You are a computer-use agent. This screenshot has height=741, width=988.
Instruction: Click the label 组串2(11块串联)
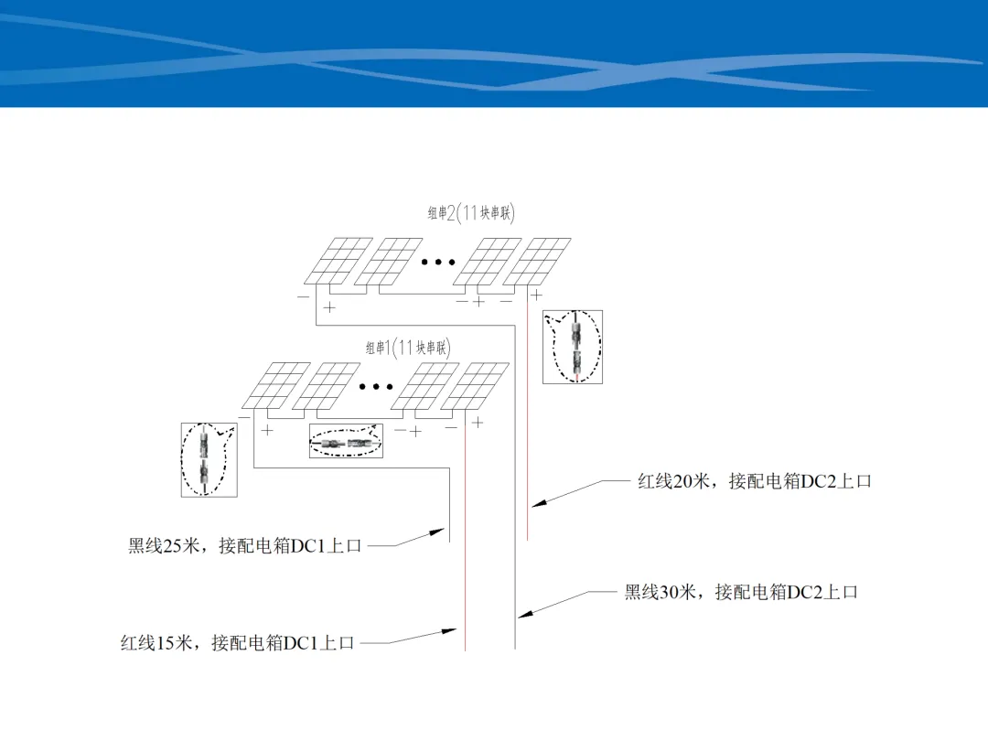pos(471,213)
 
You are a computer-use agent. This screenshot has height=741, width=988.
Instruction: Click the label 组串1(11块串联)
pos(408,348)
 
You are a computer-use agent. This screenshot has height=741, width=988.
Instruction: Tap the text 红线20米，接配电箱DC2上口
pos(754,481)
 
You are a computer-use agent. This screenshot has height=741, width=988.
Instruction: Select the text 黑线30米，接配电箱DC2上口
pos(741,592)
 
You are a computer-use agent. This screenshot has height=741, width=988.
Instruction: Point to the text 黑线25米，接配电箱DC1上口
pos(244,545)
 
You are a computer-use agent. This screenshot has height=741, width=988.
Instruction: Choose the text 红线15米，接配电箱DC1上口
pos(237,643)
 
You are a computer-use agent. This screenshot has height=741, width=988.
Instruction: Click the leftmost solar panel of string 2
pos(338,261)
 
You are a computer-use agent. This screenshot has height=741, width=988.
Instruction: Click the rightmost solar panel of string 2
pos(537,261)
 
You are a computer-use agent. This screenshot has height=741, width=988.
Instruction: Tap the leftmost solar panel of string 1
pos(276,386)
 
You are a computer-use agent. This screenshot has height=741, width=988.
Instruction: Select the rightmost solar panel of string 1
pos(475,386)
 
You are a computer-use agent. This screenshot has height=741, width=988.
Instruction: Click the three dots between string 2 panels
pos(438,263)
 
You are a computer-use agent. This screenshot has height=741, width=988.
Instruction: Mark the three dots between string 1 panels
pos(376,386)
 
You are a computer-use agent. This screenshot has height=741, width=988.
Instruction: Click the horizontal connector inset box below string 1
pos(346,440)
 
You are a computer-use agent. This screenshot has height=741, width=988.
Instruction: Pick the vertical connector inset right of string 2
pos(573,347)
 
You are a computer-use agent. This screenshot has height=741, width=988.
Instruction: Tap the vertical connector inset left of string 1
pos(209,459)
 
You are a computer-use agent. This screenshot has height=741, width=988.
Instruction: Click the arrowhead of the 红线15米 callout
pos(449,630)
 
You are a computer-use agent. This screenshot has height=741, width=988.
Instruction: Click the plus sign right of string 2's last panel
pos(535,295)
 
